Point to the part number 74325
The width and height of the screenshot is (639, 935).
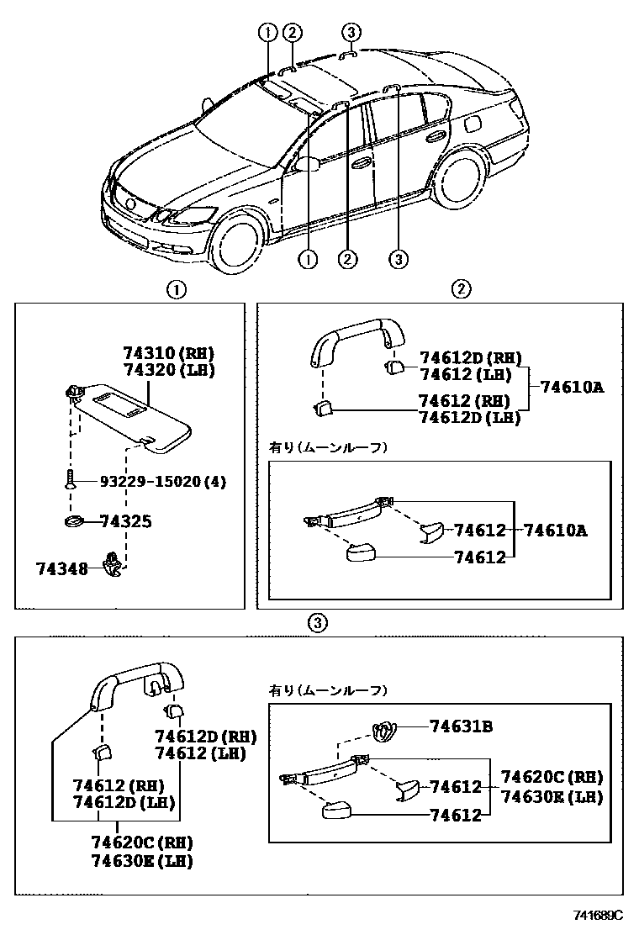[x=125, y=522]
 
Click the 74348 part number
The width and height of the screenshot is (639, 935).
[x=61, y=569]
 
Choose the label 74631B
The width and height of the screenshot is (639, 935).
[x=460, y=726]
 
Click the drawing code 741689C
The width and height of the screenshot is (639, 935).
[x=599, y=915]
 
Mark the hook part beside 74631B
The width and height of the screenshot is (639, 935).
[x=385, y=732]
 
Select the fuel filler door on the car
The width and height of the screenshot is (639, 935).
[x=473, y=124]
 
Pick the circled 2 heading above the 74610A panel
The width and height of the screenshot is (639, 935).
[x=461, y=289]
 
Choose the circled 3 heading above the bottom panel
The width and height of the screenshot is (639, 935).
[x=316, y=623]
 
